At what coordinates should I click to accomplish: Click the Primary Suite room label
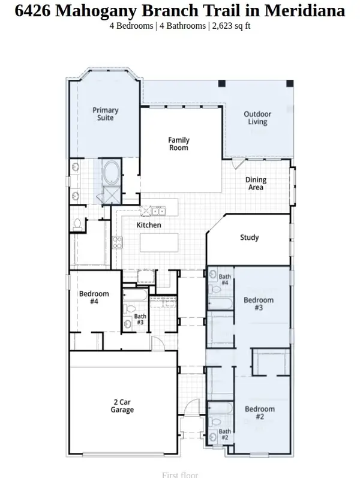pos(105,114)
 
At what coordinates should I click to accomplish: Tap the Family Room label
pos(179,143)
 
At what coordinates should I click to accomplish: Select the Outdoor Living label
pos(257,118)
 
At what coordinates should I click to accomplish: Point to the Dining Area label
pos(255,184)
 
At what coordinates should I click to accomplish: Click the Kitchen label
pos(149,225)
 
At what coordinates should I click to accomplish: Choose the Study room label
pos(250,238)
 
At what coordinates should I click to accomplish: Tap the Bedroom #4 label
pos(94,297)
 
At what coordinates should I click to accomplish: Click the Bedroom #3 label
pos(259,303)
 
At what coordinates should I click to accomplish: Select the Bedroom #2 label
pos(260,413)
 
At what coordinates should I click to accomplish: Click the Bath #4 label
pos(224,279)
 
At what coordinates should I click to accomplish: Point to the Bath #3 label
pos(140,320)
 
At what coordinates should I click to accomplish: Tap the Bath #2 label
pos(224,435)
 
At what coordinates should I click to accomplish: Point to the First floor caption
pos(179,474)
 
